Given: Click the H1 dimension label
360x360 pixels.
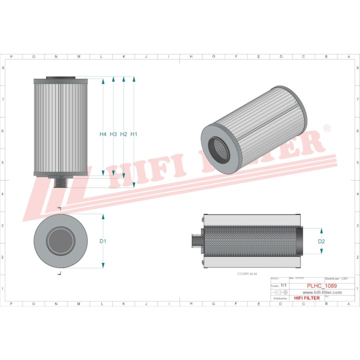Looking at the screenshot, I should (x=134, y=134).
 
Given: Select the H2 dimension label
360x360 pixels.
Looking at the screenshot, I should (x=124, y=134).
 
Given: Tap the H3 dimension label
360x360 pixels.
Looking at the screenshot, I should (x=113, y=134).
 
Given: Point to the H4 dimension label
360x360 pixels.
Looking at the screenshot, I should (x=103, y=134).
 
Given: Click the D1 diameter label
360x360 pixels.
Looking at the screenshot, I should (x=103, y=241).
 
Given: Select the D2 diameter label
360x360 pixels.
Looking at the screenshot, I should (x=321, y=241).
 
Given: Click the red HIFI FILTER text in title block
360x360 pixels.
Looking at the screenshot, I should (x=306, y=298).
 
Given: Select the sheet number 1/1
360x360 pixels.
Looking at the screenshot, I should (x=283, y=285).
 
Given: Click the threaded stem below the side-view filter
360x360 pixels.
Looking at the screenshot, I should (x=59, y=182).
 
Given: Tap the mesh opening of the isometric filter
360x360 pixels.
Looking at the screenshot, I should (x=219, y=150).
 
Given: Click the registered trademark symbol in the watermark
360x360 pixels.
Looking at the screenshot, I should (x=327, y=128).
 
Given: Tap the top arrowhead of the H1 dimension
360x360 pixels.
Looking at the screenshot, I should (x=134, y=79).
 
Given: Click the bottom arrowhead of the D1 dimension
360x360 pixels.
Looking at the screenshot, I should (x=103, y=265).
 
